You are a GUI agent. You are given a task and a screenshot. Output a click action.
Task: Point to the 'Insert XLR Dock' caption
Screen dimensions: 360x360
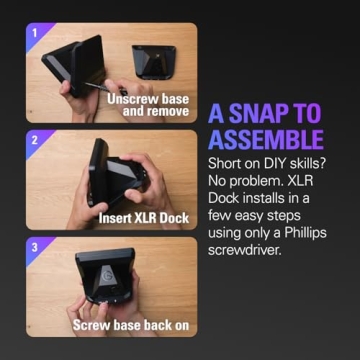(142, 216)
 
